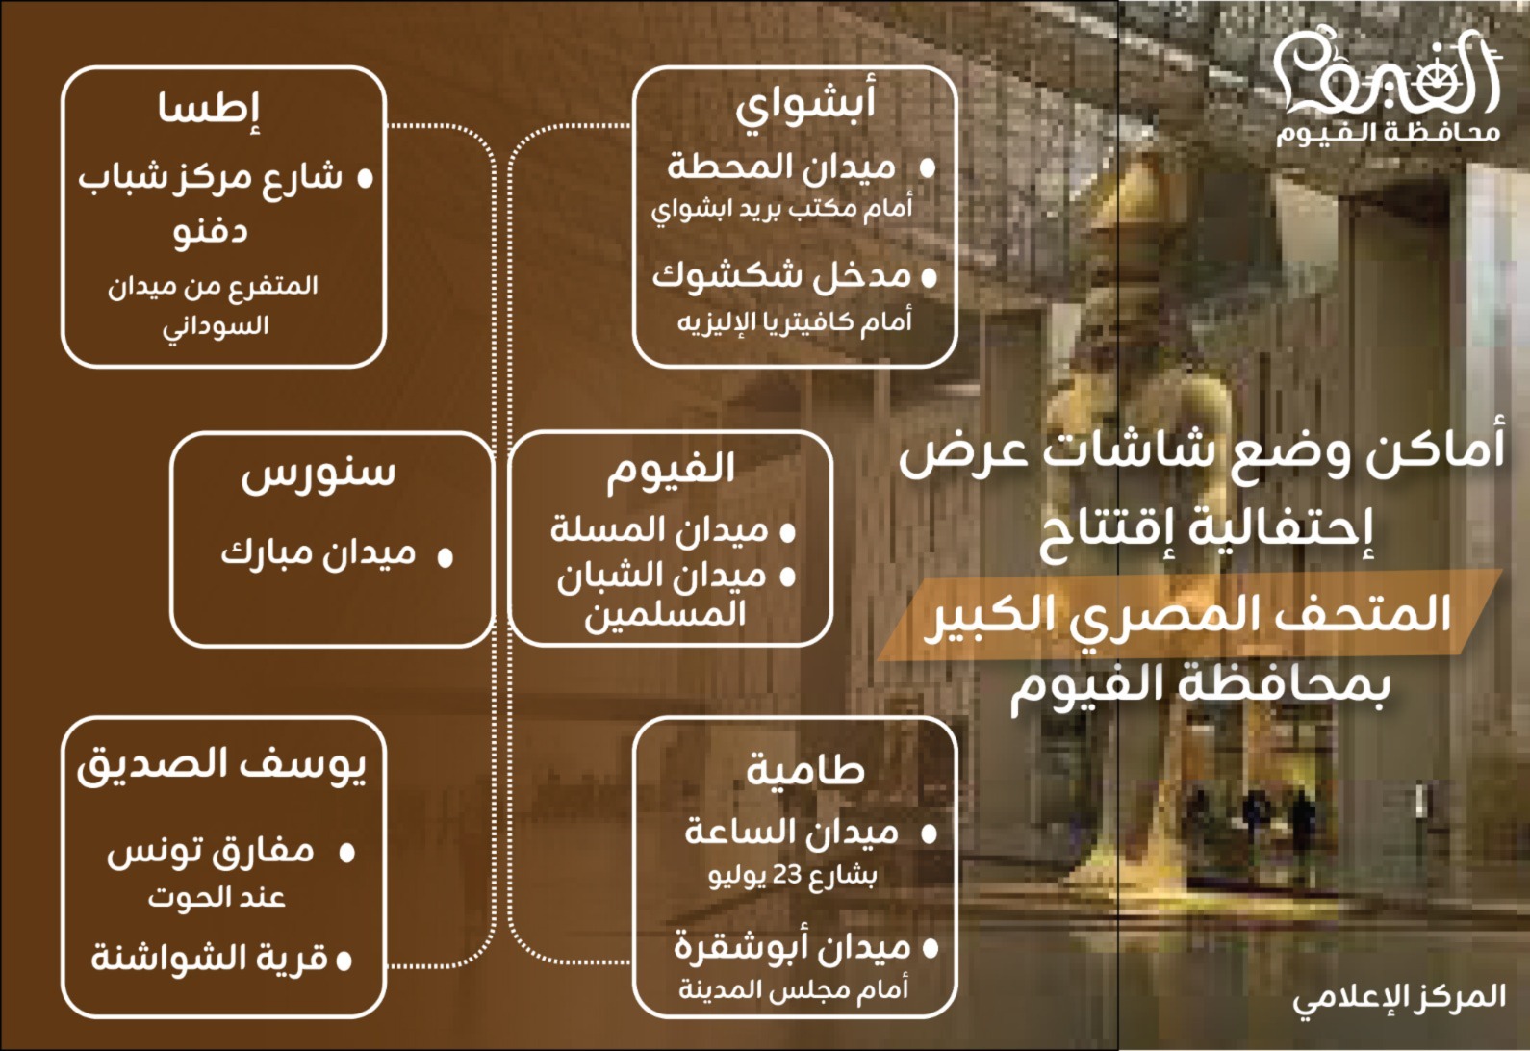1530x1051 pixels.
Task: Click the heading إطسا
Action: click(x=210, y=107)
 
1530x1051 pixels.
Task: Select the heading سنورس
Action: click(x=319, y=473)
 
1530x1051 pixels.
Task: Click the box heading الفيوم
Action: click(x=671, y=469)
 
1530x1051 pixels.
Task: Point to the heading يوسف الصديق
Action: click(x=222, y=765)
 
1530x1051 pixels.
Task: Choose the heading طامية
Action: click(x=805, y=769)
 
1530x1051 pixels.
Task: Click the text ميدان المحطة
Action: click(x=781, y=167)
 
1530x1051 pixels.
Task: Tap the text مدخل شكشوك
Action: click(x=781, y=276)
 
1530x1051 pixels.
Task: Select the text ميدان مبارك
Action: click(x=319, y=553)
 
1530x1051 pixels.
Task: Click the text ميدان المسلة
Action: click(x=659, y=529)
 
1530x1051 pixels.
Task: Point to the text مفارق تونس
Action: click(x=211, y=851)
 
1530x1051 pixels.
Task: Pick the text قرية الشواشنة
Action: click(x=210, y=959)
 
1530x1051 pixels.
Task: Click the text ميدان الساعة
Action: click(x=791, y=833)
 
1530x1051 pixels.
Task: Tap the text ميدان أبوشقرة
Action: click(x=791, y=948)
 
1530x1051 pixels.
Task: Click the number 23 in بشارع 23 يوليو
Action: click(x=787, y=876)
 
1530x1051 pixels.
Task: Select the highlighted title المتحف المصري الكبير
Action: click(x=1189, y=614)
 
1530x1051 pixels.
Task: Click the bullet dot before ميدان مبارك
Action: click(x=445, y=557)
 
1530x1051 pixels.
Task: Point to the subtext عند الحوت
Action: click(x=217, y=898)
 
